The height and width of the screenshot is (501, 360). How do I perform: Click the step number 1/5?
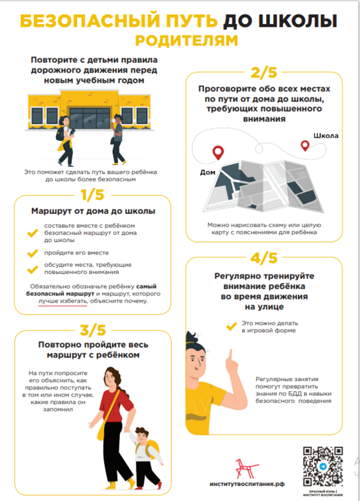(93, 194)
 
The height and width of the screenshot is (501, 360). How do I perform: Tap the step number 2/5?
(264, 72)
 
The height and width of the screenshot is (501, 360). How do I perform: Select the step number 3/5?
(93, 330)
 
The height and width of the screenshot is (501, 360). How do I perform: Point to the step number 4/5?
(264, 258)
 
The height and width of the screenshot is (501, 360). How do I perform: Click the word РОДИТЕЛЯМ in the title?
(187, 40)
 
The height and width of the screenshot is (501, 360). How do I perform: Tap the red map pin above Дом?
(218, 153)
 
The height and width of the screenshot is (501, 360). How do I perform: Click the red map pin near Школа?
(305, 145)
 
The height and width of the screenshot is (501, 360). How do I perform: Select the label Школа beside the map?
(326, 136)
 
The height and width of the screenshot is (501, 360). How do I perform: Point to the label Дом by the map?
(207, 172)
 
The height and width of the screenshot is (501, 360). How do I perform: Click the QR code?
(323, 466)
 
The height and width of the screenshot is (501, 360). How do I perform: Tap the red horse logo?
(247, 469)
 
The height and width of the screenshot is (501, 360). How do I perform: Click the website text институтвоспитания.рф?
(247, 484)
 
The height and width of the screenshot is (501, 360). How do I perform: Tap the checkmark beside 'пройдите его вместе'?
(33, 253)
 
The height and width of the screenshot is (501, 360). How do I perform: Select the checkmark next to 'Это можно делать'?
(232, 326)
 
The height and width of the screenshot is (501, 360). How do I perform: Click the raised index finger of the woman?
(230, 356)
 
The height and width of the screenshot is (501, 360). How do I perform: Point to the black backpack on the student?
(60, 134)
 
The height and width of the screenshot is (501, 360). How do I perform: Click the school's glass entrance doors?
(90, 118)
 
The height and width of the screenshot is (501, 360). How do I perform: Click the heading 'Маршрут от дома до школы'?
(93, 211)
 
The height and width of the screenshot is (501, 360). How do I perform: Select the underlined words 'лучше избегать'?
(63, 301)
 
